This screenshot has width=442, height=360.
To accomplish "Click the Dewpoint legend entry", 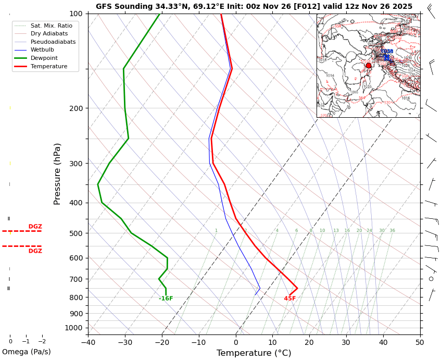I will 44,58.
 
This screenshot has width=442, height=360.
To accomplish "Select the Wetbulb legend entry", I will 42,50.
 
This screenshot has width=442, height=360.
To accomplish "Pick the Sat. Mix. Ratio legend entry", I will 51,26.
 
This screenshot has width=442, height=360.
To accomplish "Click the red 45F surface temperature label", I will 290,299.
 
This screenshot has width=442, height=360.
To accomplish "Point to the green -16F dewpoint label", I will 166,299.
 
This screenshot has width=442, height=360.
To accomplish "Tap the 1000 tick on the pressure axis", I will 74,328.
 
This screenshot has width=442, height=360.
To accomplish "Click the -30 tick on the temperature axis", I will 124,342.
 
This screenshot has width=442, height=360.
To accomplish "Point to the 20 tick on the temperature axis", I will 309,342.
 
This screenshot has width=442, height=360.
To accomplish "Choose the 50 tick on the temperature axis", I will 420,342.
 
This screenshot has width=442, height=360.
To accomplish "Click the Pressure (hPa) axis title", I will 58,173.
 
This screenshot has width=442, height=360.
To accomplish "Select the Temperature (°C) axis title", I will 254,353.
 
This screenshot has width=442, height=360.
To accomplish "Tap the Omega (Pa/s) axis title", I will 27,352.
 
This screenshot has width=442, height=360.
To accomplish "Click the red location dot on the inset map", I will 369,66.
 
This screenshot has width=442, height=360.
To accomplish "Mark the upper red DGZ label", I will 35,227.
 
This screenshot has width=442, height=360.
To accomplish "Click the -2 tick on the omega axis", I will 42,342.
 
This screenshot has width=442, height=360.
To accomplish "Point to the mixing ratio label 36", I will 392,231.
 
